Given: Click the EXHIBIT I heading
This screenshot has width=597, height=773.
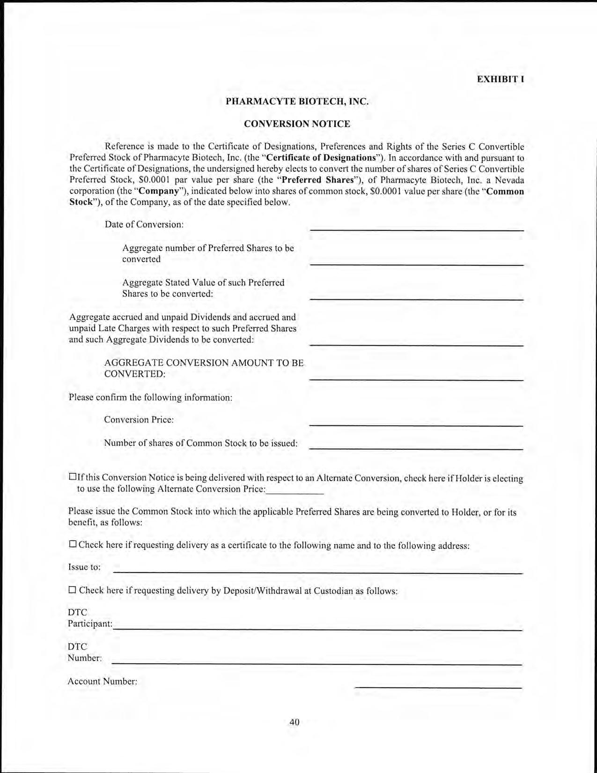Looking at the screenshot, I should click(500, 79).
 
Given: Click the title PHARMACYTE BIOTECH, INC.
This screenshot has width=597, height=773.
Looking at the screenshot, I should click(297, 101).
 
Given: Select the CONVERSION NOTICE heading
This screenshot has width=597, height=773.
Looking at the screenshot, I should click(297, 124).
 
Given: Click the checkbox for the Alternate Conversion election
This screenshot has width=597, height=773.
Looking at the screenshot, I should click(73, 477).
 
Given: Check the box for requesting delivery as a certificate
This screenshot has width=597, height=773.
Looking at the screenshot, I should click(73, 544).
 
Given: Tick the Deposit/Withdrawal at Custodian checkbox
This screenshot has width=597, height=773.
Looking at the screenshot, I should click(73, 590).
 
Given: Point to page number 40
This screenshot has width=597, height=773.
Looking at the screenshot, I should click(294, 722).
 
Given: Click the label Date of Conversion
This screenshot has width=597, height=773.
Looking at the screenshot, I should click(144, 224).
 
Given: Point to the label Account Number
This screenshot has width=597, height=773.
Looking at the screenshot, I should click(102, 681).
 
